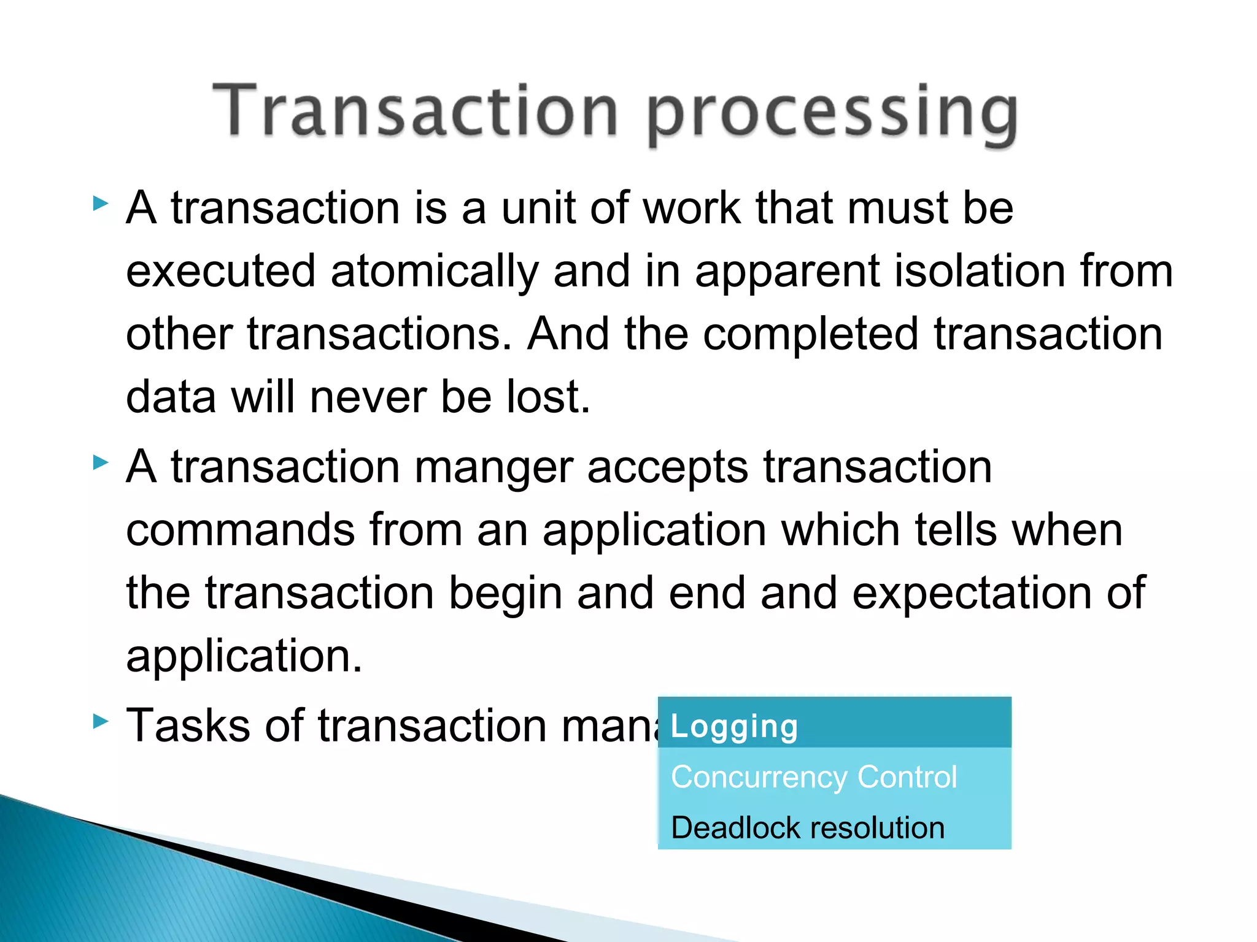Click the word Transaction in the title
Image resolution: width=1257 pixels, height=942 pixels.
click(415, 110)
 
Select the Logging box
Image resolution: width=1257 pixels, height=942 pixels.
click(834, 726)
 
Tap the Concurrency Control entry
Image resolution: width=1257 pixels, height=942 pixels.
click(814, 777)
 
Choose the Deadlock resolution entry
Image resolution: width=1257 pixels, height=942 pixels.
click(808, 828)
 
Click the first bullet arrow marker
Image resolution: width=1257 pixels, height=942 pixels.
click(100, 204)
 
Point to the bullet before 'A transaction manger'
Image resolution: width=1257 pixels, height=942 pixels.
click(100, 462)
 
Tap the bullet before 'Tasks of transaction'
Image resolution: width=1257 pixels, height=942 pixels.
click(100, 721)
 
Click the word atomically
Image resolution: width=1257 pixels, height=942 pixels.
click(434, 272)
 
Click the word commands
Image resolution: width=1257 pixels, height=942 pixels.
click(240, 530)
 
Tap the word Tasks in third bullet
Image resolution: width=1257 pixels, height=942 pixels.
click(188, 726)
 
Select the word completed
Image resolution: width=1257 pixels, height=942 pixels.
click(810, 335)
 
